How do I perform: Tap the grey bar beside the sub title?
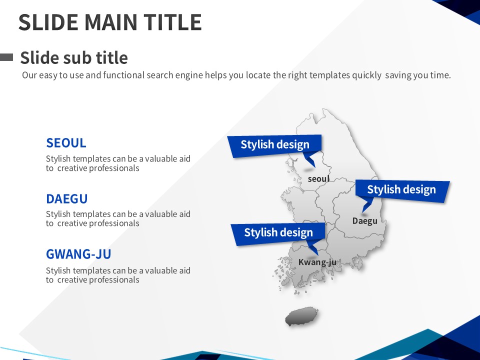pyautogui.click(x=6, y=57)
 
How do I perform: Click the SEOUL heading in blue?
pyautogui.click(x=66, y=143)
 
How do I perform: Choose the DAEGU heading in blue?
pyautogui.click(x=66, y=198)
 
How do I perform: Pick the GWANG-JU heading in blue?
pyautogui.click(x=78, y=254)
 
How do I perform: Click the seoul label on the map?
pyautogui.click(x=318, y=179)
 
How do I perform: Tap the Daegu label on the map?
pyautogui.click(x=364, y=220)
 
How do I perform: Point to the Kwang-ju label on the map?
pyautogui.click(x=317, y=262)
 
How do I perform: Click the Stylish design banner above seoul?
pyautogui.click(x=274, y=145)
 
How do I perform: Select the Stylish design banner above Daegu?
pyautogui.click(x=402, y=191)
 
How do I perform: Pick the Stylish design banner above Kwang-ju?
pyautogui.click(x=278, y=234)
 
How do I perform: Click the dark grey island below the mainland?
pyautogui.click(x=301, y=316)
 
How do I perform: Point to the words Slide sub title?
pyautogui.click(x=74, y=57)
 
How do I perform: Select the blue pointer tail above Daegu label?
pyautogui.click(x=367, y=204)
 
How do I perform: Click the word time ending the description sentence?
pyautogui.click(x=440, y=75)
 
